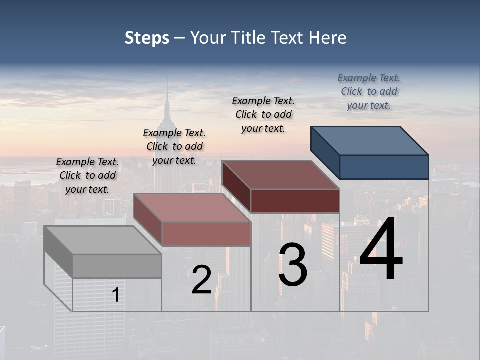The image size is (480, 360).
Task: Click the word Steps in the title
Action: coord(147,38)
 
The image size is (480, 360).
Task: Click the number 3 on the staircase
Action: coord(293,265)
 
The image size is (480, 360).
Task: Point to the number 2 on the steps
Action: coord(201,280)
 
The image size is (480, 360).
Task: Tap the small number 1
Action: coord(115,295)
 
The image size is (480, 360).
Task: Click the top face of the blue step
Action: coord(370,140)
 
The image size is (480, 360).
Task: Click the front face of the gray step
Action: coord(117,266)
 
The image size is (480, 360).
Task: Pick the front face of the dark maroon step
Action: coord(295,201)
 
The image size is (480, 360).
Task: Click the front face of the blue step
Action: coord(384,167)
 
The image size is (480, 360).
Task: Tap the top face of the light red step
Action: coord(191,207)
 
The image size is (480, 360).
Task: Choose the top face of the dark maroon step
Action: coord(280,174)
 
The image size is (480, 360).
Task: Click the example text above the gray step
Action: coord(87,175)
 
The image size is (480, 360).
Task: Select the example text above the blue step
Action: coord(369,91)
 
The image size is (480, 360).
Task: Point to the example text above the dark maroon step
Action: coord(263,114)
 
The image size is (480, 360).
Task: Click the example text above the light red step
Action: coord(174,146)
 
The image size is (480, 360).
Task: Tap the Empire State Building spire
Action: coord(167,97)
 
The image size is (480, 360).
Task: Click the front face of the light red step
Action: coord(206,234)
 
